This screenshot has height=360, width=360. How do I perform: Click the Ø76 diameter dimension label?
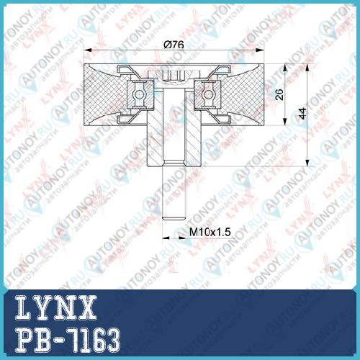[x=174, y=45]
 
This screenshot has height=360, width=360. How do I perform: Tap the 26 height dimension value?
[x=279, y=94]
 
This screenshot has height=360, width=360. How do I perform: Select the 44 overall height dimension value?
[x=302, y=113]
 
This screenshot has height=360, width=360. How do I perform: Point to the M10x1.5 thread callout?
[x=210, y=232]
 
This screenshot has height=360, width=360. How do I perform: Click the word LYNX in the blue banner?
[x=56, y=307]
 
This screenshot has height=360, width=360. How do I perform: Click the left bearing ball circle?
[x=139, y=94]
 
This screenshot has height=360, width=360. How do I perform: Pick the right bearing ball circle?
[x=208, y=94]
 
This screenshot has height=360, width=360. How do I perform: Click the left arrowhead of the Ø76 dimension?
[x=88, y=50]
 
